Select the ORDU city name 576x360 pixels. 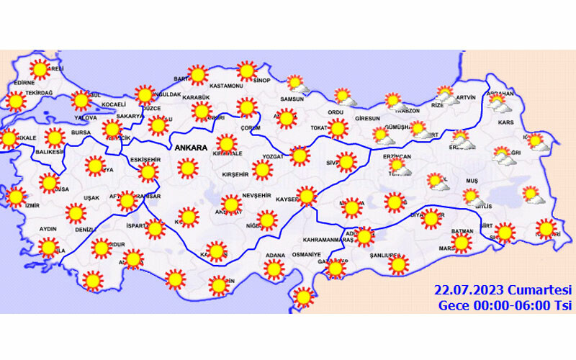[x=336, y=112]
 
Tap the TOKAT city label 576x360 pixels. [x=319, y=127]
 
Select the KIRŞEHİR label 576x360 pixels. [x=234, y=174]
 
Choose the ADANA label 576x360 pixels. [x=275, y=255]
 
